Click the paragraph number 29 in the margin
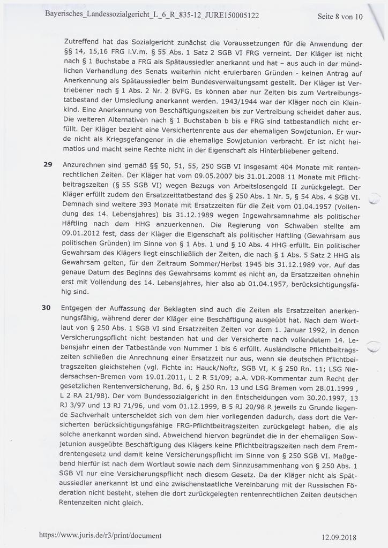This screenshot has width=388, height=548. coord(47,164)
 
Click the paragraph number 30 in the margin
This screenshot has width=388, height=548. coord(47,308)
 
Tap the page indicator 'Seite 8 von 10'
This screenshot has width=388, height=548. coord(340,17)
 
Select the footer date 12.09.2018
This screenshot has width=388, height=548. coord(339,537)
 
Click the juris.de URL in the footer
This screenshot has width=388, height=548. coord(100,535)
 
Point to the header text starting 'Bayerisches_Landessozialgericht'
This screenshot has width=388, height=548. coord(152,16)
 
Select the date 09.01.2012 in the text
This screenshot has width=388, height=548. coord(82,234)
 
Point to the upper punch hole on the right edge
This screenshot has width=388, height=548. coord(375,199)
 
